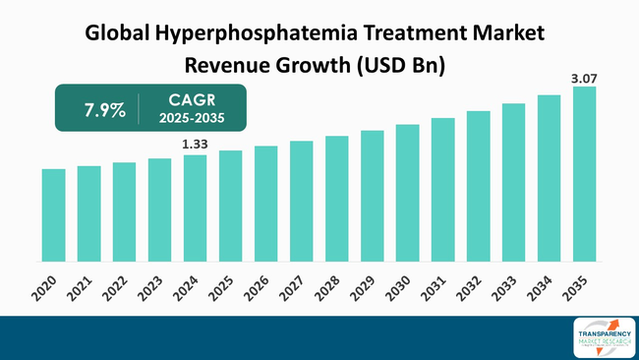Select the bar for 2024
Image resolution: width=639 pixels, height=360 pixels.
pos(195,208)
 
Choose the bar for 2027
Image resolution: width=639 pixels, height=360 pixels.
pos(301,201)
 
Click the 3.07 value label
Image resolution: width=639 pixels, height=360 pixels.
pos(584,76)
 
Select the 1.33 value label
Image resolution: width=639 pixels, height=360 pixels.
pos(195,145)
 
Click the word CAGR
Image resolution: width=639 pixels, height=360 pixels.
pos(191,99)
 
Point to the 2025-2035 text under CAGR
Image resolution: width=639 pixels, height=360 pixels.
pos(191,118)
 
